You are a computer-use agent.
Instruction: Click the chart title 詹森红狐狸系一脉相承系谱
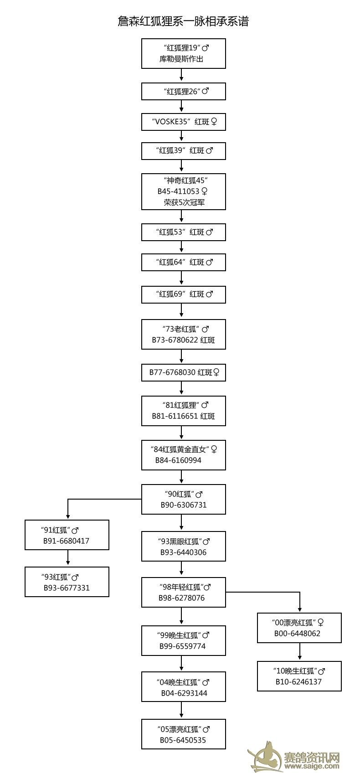(x=183, y=21)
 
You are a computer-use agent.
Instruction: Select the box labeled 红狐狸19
(x=183, y=53)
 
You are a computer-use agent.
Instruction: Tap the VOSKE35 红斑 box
(x=183, y=122)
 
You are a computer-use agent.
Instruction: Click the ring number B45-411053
(x=178, y=191)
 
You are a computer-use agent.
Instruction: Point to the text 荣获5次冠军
(x=184, y=202)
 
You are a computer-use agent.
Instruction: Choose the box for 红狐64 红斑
(x=183, y=262)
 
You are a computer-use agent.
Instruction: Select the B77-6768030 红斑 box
(x=183, y=372)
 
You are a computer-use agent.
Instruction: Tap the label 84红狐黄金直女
(x=180, y=449)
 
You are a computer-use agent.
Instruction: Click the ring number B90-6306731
(x=184, y=505)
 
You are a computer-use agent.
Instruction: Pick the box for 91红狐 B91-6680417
(x=67, y=535)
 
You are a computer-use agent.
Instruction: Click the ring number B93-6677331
(x=67, y=588)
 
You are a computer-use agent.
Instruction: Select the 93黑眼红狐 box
(x=183, y=547)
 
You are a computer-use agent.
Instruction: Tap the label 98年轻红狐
(x=181, y=588)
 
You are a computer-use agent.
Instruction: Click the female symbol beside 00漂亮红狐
(x=321, y=623)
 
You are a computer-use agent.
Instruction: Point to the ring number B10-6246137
(x=299, y=682)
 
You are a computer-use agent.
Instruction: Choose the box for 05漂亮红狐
(x=183, y=734)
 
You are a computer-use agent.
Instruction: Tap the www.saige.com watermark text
(x=312, y=766)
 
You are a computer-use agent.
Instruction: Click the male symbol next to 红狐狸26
(x=206, y=91)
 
